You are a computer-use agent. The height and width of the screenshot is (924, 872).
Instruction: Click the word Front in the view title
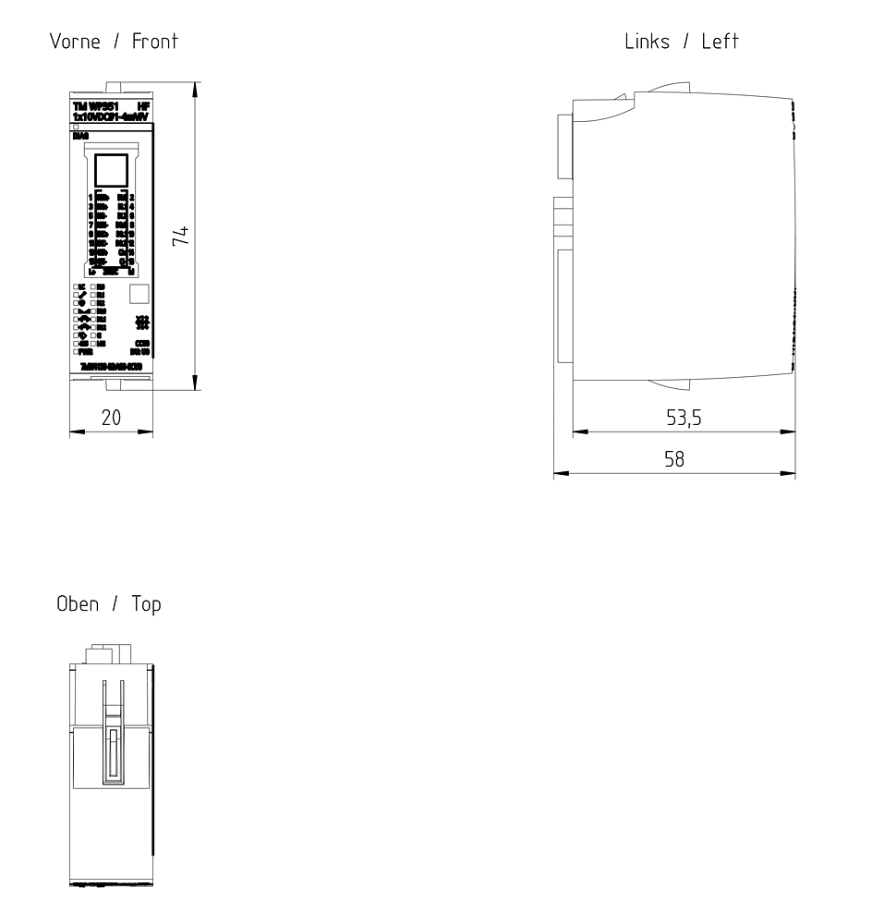(155, 41)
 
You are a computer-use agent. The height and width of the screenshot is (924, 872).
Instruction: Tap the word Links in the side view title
(647, 41)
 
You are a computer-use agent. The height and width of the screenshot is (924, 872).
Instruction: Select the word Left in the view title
(720, 41)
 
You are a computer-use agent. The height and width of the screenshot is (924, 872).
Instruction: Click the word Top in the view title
(145, 604)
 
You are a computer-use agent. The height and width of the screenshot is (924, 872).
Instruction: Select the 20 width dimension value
(111, 418)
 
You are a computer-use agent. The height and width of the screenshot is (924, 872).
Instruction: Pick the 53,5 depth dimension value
(684, 418)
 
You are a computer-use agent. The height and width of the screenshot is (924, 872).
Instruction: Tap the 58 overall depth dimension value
(675, 459)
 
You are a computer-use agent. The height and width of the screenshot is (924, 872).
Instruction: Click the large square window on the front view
(112, 172)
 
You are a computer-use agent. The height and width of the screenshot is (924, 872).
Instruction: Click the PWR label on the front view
(85, 352)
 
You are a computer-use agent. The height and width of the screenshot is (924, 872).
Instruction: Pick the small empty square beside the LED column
(138, 295)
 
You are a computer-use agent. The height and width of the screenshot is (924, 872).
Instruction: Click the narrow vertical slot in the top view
(112, 755)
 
